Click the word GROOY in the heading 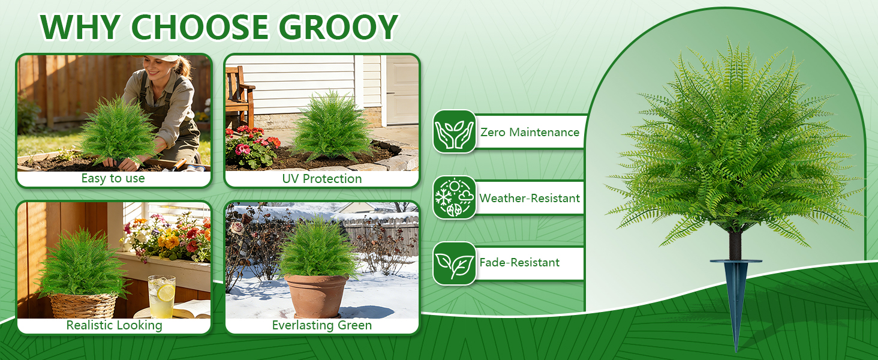339,27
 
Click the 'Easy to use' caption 113,178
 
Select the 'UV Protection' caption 322,179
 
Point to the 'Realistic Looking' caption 114,325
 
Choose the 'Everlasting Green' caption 322,325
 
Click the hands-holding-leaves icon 454,131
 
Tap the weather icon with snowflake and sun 454,197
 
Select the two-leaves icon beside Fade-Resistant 454,263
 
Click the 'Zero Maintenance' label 530,132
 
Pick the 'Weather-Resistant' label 530,198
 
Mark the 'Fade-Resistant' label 519,262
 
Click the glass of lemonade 162,296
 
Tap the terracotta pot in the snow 316,296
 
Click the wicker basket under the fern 83,306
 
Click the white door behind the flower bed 402,90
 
